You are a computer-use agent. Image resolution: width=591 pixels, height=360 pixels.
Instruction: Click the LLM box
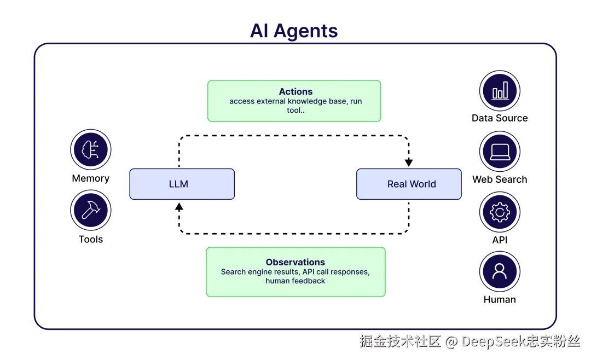coord(182,184)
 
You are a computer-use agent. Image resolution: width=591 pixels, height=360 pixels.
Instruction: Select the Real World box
coord(409,184)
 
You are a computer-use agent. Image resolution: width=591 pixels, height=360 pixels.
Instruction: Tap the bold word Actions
coord(296,91)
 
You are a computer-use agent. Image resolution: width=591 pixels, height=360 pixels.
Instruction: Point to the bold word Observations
coord(296,262)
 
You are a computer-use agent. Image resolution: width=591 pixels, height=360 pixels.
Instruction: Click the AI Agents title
coord(294,32)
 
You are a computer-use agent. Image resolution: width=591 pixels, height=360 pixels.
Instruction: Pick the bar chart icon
coord(500,91)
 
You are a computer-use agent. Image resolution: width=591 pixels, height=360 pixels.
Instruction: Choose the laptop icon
coord(500,152)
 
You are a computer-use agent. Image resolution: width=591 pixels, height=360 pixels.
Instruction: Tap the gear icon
coord(500,212)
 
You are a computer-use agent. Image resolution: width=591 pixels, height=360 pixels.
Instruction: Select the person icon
coord(500,271)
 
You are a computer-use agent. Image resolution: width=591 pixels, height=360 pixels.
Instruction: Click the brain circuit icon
coord(91,149)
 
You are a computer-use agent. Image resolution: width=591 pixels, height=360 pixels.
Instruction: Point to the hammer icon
coord(91,210)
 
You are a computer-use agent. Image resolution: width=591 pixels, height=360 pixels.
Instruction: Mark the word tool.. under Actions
coord(296,110)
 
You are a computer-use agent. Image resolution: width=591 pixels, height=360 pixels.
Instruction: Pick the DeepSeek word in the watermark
coord(492,341)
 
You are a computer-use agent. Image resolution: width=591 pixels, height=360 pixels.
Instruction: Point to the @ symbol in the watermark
coord(450,341)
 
